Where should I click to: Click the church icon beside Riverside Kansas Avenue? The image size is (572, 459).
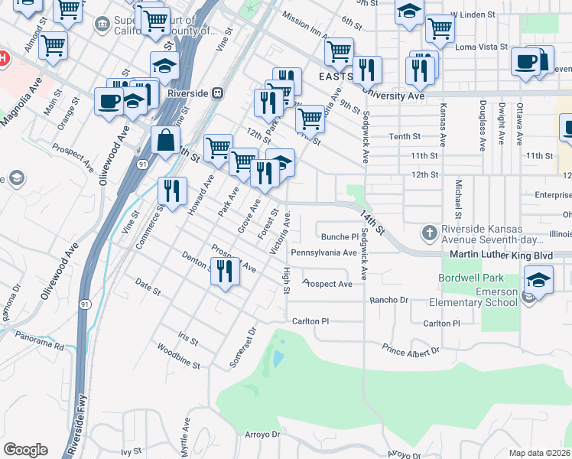click(x=430, y=232)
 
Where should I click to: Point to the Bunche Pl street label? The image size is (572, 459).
click(x=340, y=237)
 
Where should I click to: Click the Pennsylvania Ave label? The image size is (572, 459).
click(x=323, y=252)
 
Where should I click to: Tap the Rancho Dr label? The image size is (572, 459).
click(x=389, y=300)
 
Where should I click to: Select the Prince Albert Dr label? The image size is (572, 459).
click(x=411, y=350)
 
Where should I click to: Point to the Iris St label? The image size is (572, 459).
click(x=187, y=337)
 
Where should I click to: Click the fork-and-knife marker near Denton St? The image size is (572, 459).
click(x=225, y=272)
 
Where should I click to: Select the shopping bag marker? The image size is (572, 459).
click(x=165, y=141)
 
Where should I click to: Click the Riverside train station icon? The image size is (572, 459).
click(x=218, y=93)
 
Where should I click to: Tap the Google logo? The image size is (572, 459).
click(x=25, y=450)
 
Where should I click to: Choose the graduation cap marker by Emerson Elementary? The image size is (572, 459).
click(x=538, y=280)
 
